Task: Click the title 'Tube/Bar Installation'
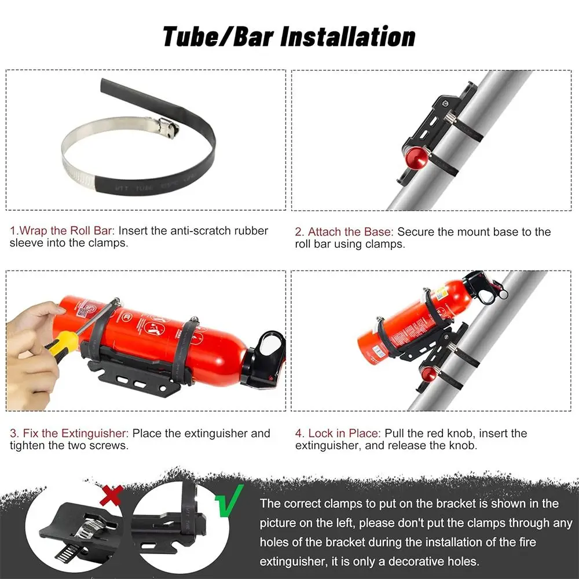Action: pos(289,36)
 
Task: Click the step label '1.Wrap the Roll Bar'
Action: pos(62,230)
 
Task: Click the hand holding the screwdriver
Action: pos(32,342)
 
